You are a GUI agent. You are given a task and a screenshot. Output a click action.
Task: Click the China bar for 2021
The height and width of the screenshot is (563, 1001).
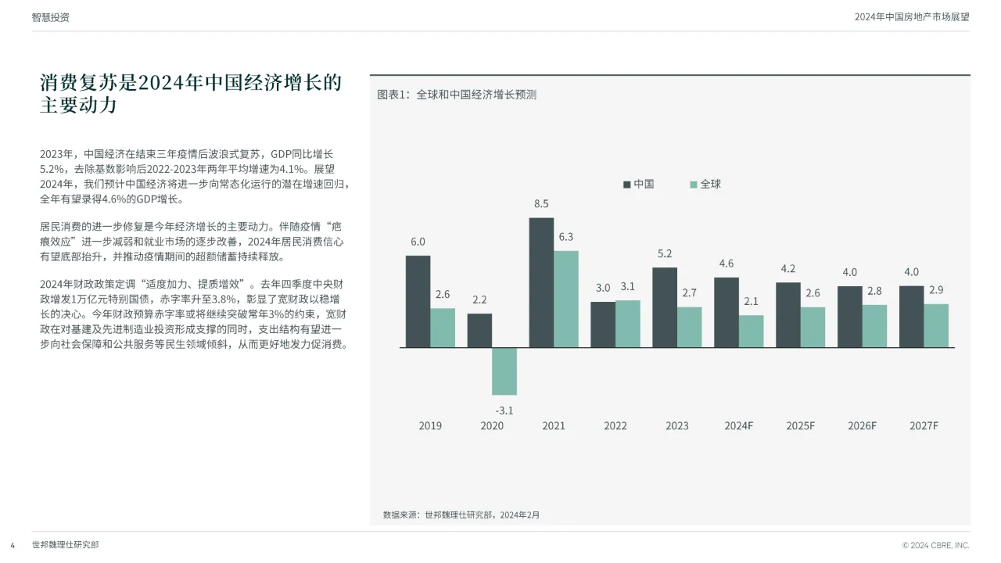pos(541,282)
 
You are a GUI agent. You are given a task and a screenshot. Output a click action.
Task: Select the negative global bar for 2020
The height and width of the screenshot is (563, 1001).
pos(504,371)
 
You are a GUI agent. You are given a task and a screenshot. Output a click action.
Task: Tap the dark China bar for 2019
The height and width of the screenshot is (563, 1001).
pos(418,301)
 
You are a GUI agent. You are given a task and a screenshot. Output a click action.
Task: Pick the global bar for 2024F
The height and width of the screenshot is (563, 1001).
pos(751,331)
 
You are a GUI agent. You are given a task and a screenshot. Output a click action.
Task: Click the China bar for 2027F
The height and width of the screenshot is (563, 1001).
pos(911,316)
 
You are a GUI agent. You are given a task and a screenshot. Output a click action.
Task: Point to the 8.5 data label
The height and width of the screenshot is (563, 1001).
pos(541,204)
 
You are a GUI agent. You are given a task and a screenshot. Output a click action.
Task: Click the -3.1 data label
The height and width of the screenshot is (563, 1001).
pos(504,410)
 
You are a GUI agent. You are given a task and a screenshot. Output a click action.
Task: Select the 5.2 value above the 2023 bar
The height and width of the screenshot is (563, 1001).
pos(665,254)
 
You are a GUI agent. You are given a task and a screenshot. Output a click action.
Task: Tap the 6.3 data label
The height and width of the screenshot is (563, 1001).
pos(565,237)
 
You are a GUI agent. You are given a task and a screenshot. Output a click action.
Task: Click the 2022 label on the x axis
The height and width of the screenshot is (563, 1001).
pos(615,426)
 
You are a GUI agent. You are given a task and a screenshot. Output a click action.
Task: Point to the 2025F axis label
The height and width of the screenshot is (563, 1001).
pos(800,426)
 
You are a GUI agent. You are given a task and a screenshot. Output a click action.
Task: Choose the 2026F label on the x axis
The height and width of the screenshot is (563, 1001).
pos(862,426)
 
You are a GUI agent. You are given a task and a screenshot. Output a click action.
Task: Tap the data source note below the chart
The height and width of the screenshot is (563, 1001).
pos(461,515)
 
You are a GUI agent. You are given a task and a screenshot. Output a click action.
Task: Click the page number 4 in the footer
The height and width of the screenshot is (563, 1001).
pos(13,544)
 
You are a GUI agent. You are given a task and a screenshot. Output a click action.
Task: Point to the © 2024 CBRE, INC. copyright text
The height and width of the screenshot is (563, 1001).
pos(935,545)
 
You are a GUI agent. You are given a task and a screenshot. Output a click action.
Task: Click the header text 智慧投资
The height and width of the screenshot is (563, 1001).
pos(51,17)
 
